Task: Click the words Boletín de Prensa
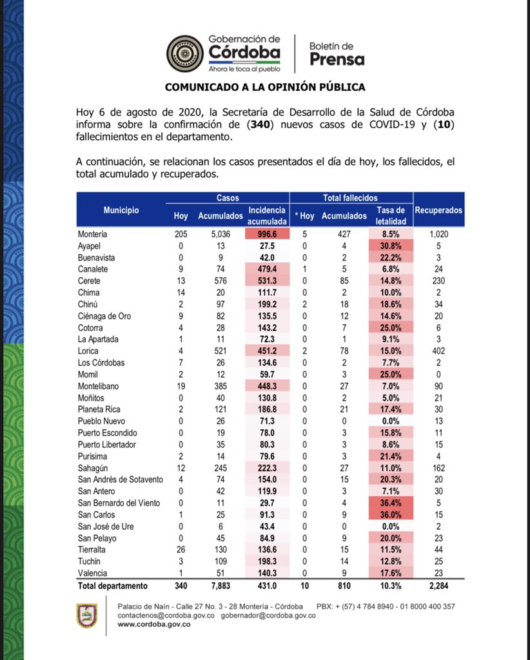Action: (337, 54)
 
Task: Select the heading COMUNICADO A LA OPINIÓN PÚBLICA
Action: (265, 87)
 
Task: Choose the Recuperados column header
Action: (438, 210)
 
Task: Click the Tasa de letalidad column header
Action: (390, 215)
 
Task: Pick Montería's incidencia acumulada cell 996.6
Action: (267, 235)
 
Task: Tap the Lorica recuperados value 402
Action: (438, 351)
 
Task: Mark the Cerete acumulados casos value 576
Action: (220, 281)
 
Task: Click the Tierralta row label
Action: (93, 550)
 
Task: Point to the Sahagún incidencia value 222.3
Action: (267, 456)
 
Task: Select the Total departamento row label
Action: (112, 586)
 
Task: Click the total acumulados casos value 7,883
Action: (220, 586)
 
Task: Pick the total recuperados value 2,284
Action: (438, 586)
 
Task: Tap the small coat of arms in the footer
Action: (86, 616)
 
